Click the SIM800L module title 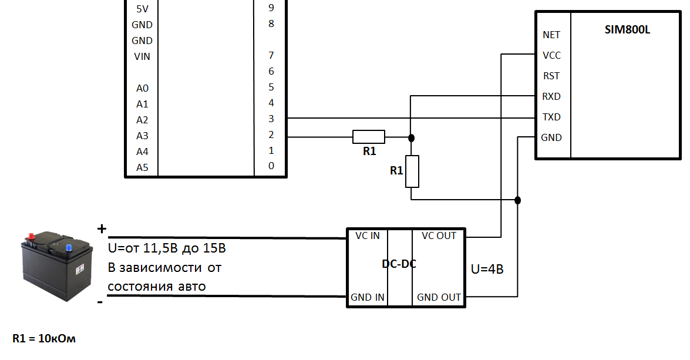[627, 30]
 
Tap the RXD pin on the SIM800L [551, 96]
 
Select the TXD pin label [551, 117]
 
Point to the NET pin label [551, 35]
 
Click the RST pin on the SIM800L [551, 76]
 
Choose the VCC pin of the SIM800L [551, 55]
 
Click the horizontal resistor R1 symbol [369, 137]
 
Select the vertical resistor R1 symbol [412, 171]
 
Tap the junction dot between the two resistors [411, 138]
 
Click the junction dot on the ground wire [517, 200]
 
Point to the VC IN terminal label [368, 236]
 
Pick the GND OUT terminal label [439, 298]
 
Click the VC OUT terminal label [439, 236]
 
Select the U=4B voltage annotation [487, 270]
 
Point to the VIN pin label [142, 56]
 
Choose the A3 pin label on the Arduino [142, 136]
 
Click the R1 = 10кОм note [44, 338]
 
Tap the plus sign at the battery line [102, 228]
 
